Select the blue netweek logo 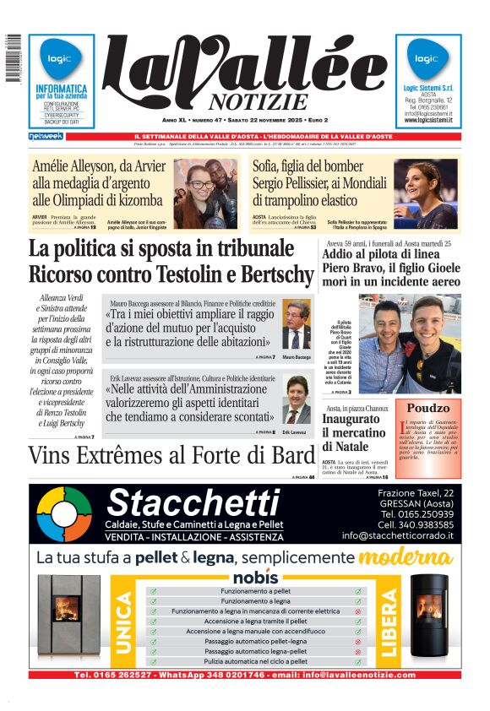coord(46,135)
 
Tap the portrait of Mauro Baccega coord(296,325)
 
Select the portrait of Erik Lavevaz coord(296,399)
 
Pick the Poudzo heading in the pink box coord(428,409)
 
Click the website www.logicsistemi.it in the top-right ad coord(428,120)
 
